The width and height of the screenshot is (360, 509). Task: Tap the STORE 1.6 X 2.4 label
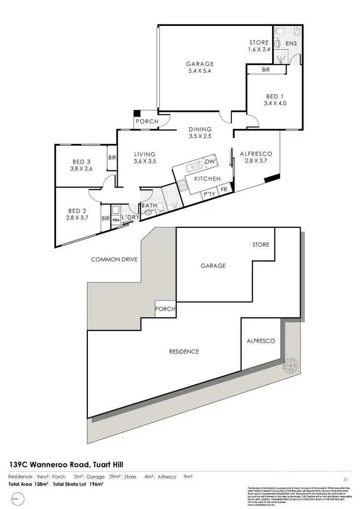259,46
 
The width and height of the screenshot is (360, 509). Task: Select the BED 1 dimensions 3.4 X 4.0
275,103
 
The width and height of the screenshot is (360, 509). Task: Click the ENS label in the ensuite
291,44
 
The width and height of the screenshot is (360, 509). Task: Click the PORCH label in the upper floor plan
147,121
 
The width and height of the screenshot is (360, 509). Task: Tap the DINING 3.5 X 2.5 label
200,132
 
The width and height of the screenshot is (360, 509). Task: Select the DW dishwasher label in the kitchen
210,162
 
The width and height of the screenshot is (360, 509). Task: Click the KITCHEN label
207,178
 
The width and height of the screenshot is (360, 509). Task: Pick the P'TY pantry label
209,194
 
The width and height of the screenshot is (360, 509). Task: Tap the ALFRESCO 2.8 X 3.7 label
256,157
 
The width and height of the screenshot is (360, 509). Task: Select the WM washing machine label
116,220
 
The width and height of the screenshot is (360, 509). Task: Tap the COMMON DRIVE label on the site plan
114,260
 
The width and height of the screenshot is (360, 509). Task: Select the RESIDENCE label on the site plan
184,352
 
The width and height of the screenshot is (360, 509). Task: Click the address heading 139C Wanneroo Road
67,464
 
